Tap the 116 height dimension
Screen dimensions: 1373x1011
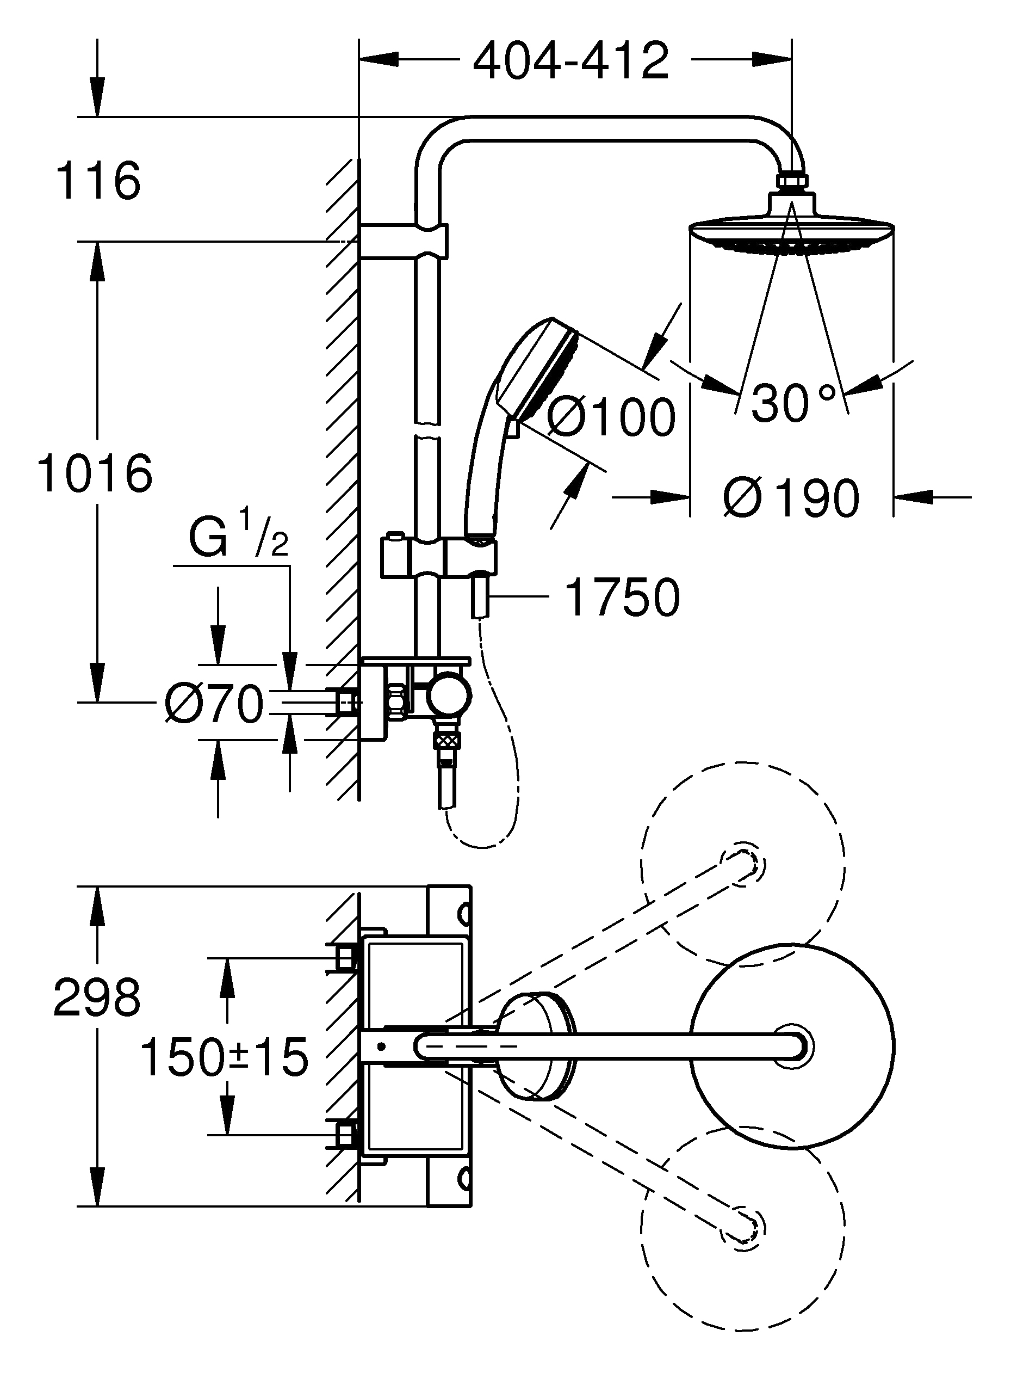[x=98, y=181]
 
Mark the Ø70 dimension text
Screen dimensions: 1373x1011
[x=214, y=704]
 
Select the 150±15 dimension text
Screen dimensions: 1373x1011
[x=224, y=1057]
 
